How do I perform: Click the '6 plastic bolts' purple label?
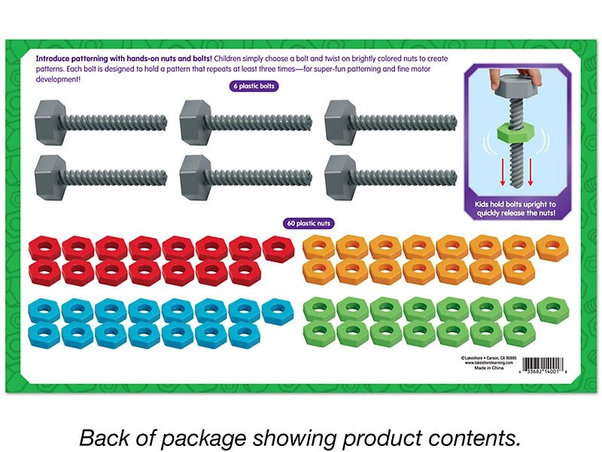click(254, 87)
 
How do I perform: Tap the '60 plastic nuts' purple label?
click(309, 223)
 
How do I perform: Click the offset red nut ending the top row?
click(278, 246)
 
